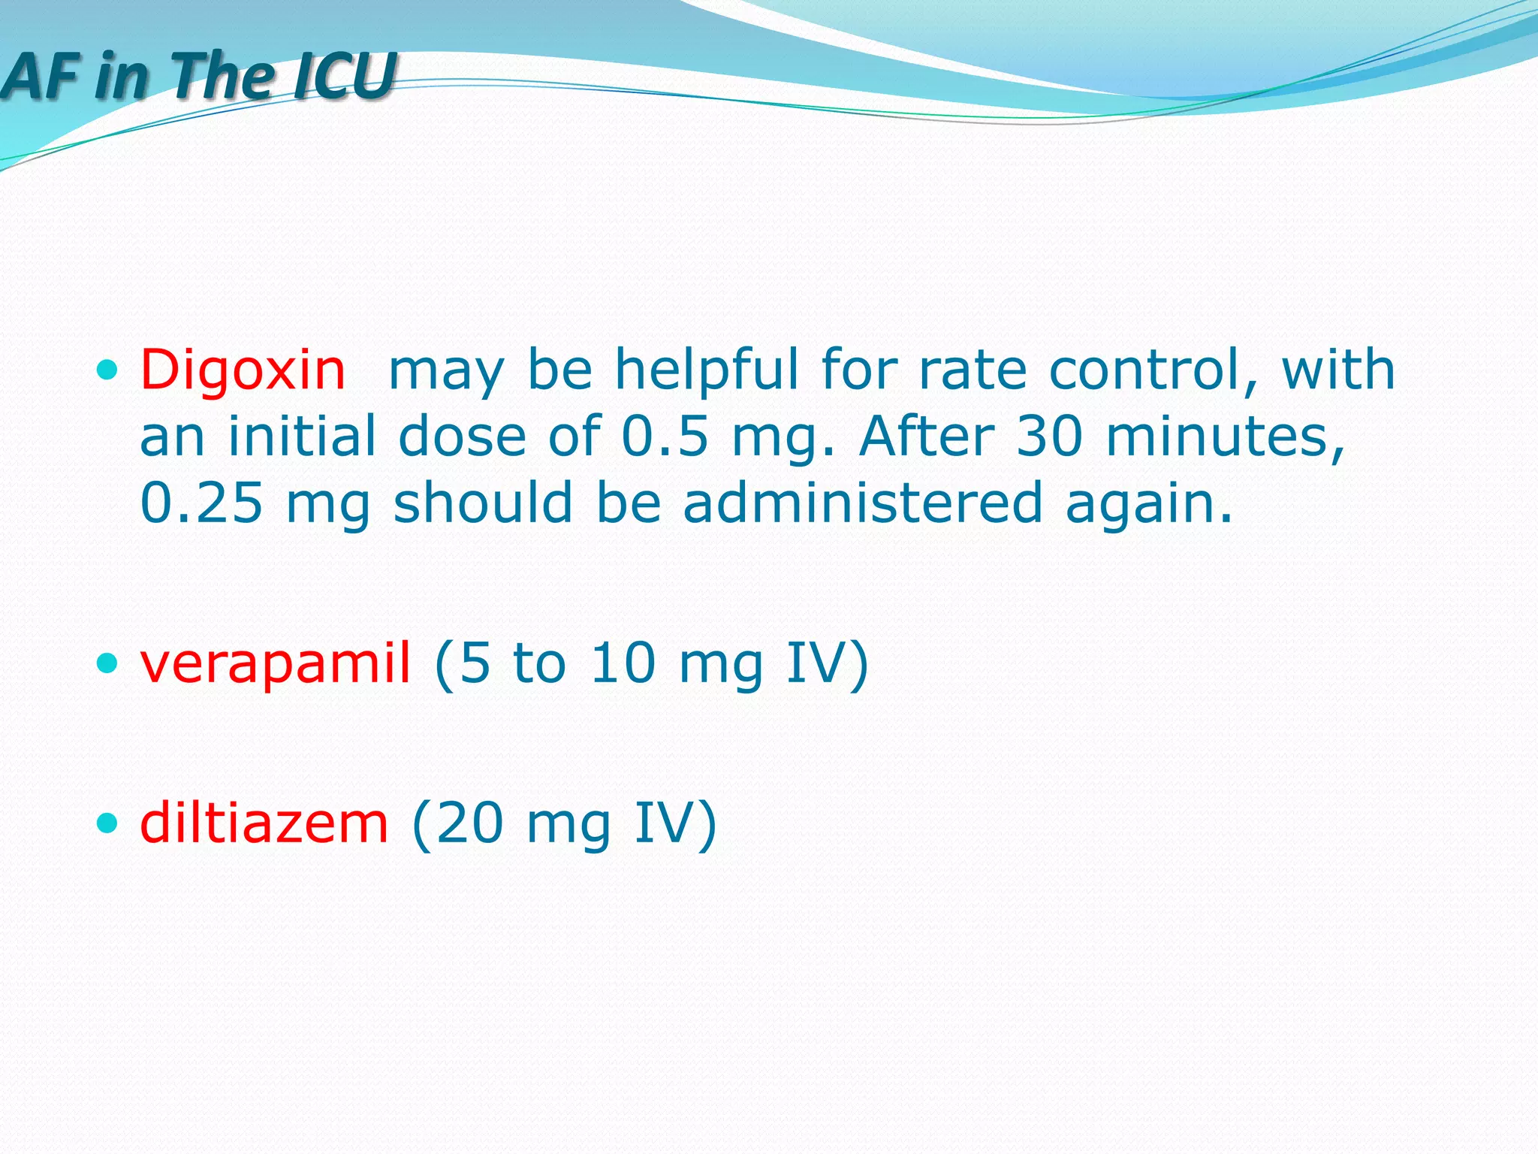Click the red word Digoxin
pos(243,370)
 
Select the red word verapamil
pos(276,663)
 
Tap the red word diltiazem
pos(264,823)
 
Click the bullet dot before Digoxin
pos(108,370)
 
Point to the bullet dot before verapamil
pos(108,663)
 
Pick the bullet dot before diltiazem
pos(108,823)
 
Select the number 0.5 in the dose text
pos(665,437)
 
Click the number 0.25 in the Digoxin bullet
pos(201,503)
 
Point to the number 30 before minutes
pos(1050,437)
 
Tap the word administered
pos(863,503)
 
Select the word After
pos(927,437)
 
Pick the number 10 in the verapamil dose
pos(623,663)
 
